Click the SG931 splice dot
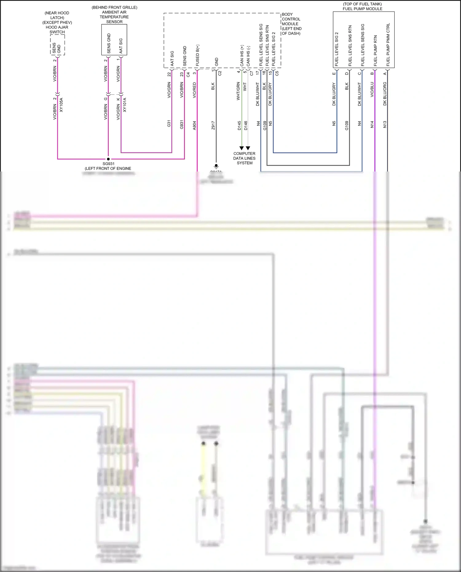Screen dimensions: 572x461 point(108,159)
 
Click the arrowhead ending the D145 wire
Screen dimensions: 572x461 point(242,148)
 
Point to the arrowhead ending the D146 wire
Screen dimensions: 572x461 point(248,148)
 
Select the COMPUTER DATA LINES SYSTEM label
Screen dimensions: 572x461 point(244,158)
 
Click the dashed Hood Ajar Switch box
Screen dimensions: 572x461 point(57,45)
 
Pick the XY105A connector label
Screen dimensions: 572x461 point(61,105)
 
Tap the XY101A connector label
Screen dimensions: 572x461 point(124,105)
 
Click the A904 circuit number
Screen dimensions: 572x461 point(194,125)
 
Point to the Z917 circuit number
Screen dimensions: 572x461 point(213,125)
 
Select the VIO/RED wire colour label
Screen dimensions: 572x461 point(194,90)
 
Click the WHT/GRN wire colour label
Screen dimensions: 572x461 point(238,91)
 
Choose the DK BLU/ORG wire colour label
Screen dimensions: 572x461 point(385,94)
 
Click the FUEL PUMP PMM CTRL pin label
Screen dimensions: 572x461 point(388,45)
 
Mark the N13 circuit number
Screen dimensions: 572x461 point(385,124)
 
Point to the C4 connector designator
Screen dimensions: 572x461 point(188,74)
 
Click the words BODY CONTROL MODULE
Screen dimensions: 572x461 point(291,19)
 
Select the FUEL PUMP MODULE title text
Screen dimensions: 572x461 point(363,9)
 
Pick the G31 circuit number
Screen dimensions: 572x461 point(169,124)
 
